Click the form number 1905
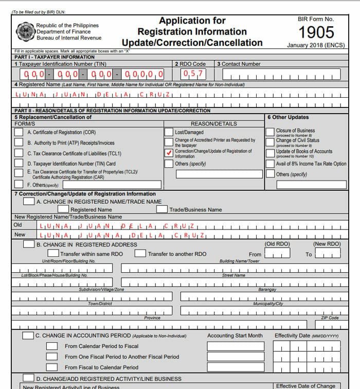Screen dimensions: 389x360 (x=316, y=32)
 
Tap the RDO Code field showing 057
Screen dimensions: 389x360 (x=191, y=74)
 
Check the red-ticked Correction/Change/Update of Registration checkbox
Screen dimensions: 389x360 (x=169, y=153)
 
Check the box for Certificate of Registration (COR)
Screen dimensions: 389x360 (x=19, y=132)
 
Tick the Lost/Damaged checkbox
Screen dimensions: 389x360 (x=169, y=132)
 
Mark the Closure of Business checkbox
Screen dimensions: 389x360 (x=270, y=132)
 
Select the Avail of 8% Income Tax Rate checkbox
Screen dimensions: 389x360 (x=270, y=164)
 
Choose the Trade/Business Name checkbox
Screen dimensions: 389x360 (x=162, y=209)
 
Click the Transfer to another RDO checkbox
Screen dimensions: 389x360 (x=140, y=254)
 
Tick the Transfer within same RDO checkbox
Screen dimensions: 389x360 (x=53, y=254)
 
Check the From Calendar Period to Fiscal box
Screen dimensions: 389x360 (x=52, y=346)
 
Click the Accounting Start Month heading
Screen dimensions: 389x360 (x=235, y=335)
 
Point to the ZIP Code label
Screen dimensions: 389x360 (x=330, y=318)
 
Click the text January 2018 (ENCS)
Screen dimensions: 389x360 (x=316, y=45)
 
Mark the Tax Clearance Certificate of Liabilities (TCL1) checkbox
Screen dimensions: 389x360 (x=19, y=153)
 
